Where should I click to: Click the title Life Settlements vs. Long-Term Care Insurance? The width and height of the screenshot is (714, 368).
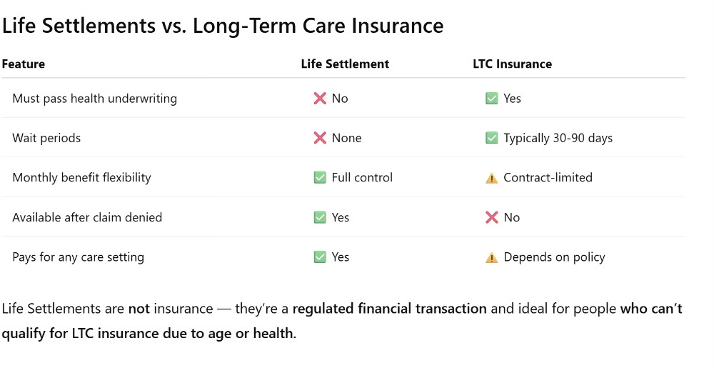click(222, 26)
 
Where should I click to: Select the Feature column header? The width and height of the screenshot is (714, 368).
click(24, 64)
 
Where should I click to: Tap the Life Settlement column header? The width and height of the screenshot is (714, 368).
click(345, 64)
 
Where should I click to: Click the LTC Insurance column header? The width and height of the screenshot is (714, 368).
click(512, 64)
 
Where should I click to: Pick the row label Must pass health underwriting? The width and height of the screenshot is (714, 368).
click(94, 99)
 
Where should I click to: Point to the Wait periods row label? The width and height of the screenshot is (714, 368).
click(46, 138)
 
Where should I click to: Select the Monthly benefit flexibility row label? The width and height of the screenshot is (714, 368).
click(81, 177)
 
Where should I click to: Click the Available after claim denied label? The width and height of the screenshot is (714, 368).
click(87, 217)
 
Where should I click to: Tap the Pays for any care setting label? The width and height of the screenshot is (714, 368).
click(78, 257)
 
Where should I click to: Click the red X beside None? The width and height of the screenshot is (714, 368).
click(320, 138)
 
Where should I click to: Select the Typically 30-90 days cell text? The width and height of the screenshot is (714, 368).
click(558, 138)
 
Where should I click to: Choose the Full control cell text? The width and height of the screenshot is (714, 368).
click(362, 177)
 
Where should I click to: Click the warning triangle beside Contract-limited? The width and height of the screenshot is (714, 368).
click(491, 178)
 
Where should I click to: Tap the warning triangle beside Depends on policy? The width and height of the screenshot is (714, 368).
click(491, 257)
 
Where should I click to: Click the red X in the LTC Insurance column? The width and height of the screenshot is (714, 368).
click(491, 217)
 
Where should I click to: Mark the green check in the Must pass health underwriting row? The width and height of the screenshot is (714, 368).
click(491, 99)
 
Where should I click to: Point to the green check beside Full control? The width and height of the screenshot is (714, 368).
click(320, 177)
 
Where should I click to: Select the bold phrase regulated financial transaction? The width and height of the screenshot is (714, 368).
click(389, 309)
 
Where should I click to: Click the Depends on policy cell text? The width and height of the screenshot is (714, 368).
click(554, 257)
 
